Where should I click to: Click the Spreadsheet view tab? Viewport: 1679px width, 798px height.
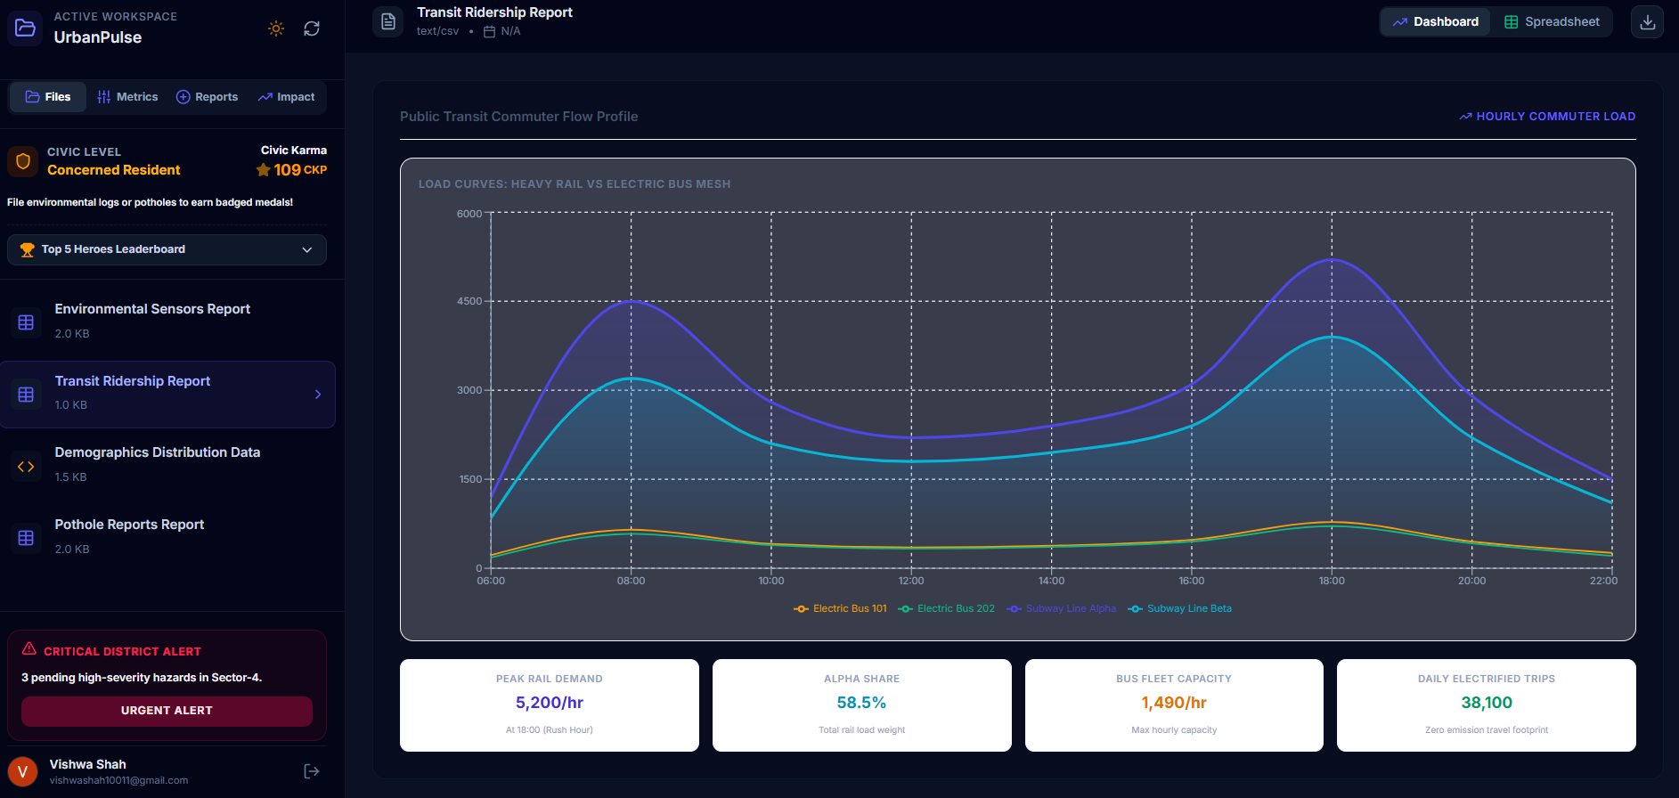[x=1552, y=22]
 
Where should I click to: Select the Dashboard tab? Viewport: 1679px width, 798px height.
[x=1435, y=22]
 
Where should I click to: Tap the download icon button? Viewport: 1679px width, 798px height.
[x=1647, y=22]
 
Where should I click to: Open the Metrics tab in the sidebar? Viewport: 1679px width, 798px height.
[x=127, y=97]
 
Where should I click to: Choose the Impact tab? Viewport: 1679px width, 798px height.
[x=286, y=97]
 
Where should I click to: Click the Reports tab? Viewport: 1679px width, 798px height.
[x=207, y=97]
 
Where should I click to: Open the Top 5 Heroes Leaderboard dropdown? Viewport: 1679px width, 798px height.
[x=167, y=249]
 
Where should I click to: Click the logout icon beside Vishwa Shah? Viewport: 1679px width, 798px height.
[x=312, y=771]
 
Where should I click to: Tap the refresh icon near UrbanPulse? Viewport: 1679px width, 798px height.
[x=312, y=28]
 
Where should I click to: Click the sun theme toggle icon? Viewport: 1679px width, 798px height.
[x=276, y=28]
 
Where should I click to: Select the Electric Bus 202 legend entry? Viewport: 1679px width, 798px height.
[x=947, y=609]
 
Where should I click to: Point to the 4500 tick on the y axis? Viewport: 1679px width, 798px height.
[x=469, y=301]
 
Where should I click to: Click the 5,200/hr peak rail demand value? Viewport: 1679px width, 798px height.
[x=550, y=703]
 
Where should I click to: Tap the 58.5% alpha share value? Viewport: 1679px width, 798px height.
[x=861, y=703]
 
